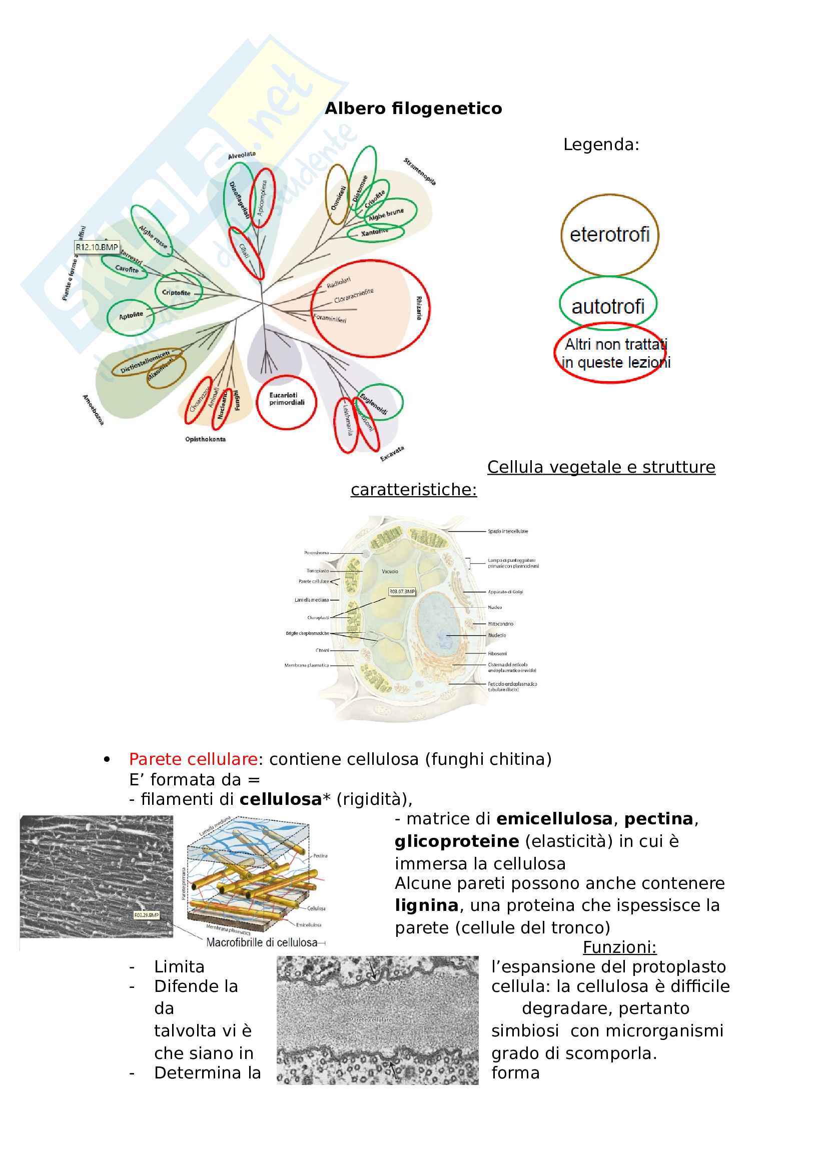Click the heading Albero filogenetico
pos(413,109)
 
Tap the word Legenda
pos(600,145)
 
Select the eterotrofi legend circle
pos(609,235)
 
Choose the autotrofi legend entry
pos(608,306)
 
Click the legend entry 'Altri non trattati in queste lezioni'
pos(615,353)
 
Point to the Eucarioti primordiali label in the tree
pos(286,399)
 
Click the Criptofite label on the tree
pos(176,293)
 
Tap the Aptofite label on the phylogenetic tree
pos(131,316)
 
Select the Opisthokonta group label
pos(205,439)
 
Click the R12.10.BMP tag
pos(97,247)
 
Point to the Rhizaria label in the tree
pos(419,308)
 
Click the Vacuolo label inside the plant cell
pos(390,571)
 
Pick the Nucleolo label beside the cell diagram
pos(497,635)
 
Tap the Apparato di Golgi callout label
pos(505,592)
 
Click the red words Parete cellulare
pos(193,759)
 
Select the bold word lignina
pos(426,905)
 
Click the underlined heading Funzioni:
pos(619,947)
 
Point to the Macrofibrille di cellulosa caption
pos(262,942)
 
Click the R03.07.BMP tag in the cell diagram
pos(402,591)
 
